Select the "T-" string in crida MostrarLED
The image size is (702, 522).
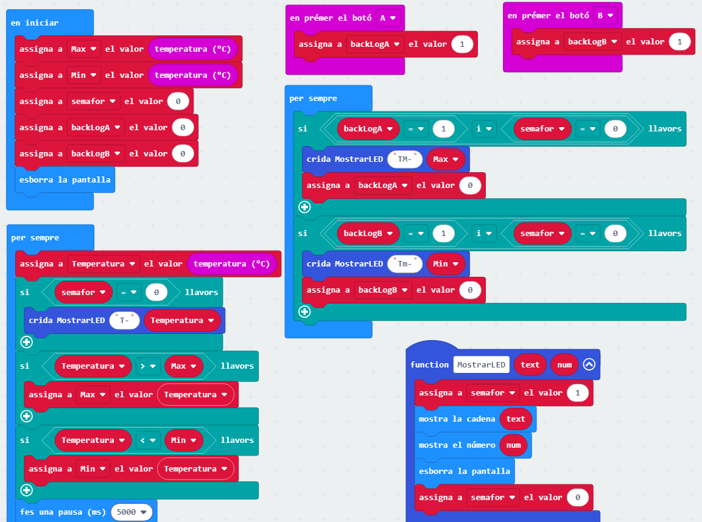point(125,320)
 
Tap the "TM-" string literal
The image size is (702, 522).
point(405,159)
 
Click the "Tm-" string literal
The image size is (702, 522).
point(405,264)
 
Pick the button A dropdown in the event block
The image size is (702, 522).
point(387,18)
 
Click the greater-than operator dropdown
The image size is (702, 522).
point(148,366)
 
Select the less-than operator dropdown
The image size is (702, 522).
point(148,440)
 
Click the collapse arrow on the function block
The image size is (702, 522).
point(588,364)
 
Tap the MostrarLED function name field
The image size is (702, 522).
point(481,364)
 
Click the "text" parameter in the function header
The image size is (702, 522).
point(530,364)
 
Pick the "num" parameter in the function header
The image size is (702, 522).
point(564,364)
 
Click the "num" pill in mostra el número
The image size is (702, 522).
point(513,445)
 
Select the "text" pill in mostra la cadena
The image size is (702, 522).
point(516,419)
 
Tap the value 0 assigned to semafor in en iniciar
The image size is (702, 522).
point(178,102)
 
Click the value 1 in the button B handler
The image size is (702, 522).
point(679,42)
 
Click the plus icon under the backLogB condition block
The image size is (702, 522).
point(304,312)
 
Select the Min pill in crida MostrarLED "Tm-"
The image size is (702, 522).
point(446,264)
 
